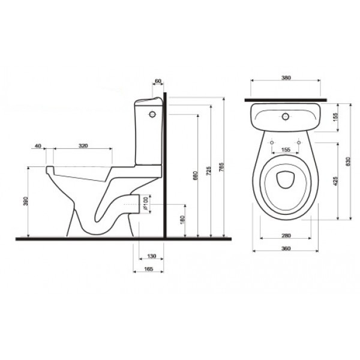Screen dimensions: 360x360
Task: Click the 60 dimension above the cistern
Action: pos(158,81)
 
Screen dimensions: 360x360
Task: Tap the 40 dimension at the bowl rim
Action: pos(38,146)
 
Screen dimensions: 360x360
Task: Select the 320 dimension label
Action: pos(83,146)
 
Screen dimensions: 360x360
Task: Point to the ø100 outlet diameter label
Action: pos(146,203)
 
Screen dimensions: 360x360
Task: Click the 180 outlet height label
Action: pos(182,220)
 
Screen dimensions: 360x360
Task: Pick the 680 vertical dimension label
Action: pos(196,176)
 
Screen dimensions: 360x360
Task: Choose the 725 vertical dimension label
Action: pos(208,171)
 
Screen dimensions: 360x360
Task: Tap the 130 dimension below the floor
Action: pos(151,256)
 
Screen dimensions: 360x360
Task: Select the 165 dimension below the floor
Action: pos(149,269)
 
